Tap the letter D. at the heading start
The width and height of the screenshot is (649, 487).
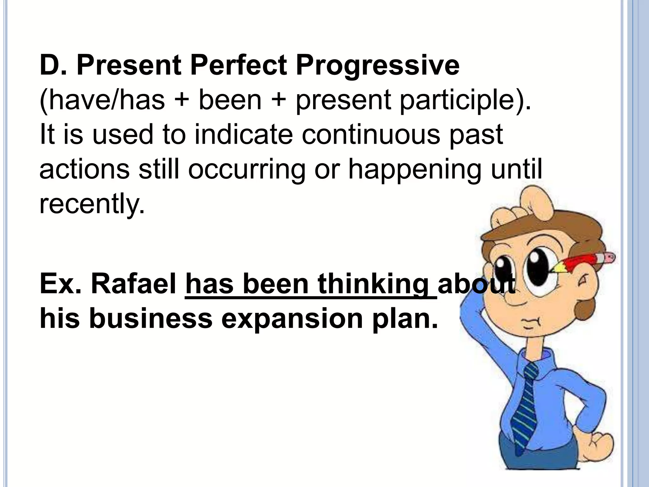click(53, 65)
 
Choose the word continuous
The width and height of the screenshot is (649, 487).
click(370, 134)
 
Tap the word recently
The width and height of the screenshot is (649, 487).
click(92, 204)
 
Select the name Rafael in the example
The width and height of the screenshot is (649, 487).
click(133, 284)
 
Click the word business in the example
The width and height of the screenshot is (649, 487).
click(151, 318)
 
